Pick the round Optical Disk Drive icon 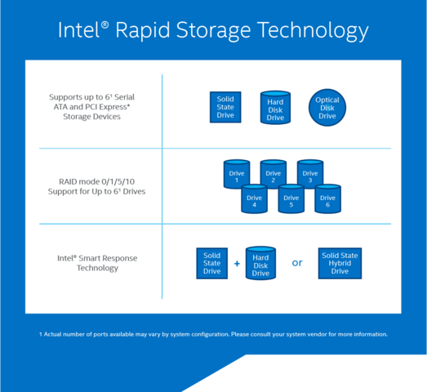(327, 107)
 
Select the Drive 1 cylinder (236, 174)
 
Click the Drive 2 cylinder (273, 174)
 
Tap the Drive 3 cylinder (309, 174)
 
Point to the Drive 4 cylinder (254, 199)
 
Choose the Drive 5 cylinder (291, 199)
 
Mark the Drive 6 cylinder (327, 199)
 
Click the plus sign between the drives (237, 264)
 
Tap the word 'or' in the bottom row (297, 263)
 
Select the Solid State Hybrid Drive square (340, 263)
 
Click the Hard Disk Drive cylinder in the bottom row (260, 264)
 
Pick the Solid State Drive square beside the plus (211, 263)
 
